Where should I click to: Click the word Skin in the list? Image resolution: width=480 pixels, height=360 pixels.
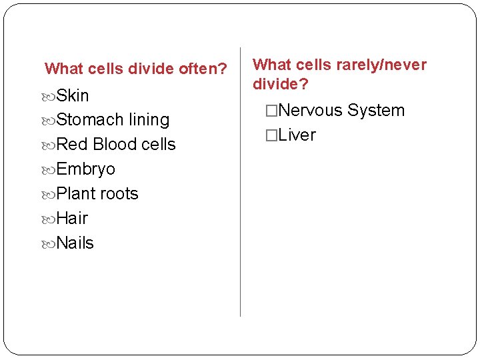(73, 95)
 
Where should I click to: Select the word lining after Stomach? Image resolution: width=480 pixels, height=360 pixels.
(149, 120)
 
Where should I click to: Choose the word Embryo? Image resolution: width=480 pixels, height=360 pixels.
(86, 169)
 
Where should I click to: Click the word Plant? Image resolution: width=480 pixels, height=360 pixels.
(77, 194)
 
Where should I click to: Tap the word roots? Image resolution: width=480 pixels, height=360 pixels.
(120, 194)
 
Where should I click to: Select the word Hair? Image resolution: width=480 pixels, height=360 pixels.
(72, 219)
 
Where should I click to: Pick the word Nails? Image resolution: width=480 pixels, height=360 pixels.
(75, 243)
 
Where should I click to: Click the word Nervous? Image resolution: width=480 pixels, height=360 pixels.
(311, 111)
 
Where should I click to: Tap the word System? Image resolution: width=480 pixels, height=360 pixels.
(376, 111)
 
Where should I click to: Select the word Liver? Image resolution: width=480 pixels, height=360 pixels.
(297, 135)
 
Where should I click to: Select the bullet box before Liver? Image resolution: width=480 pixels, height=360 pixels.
(271, 135)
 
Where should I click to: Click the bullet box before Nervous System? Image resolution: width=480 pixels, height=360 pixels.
(271, 111)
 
